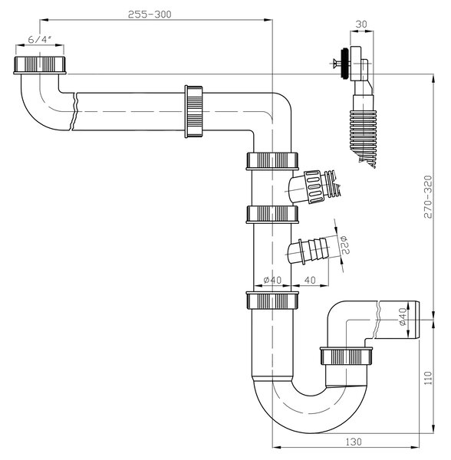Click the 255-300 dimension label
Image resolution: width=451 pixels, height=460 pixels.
pos(150,15)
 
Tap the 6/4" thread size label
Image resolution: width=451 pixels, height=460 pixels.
pos(40,39)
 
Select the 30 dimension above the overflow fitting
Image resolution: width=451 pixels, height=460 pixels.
pos(361,25)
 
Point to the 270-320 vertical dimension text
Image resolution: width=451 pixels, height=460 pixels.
pos(429,196)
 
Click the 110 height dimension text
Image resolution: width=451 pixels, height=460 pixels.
pos(429,378)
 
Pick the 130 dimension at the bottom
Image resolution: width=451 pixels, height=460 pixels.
pos(354,442)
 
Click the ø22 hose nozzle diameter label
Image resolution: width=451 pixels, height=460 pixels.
pos(345,245)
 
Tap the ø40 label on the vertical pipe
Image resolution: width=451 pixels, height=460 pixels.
pos(272,280)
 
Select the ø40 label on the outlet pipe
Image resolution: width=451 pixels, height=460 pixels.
pos(403,317)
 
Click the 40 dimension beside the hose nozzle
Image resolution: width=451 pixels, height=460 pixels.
pos(310,280)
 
